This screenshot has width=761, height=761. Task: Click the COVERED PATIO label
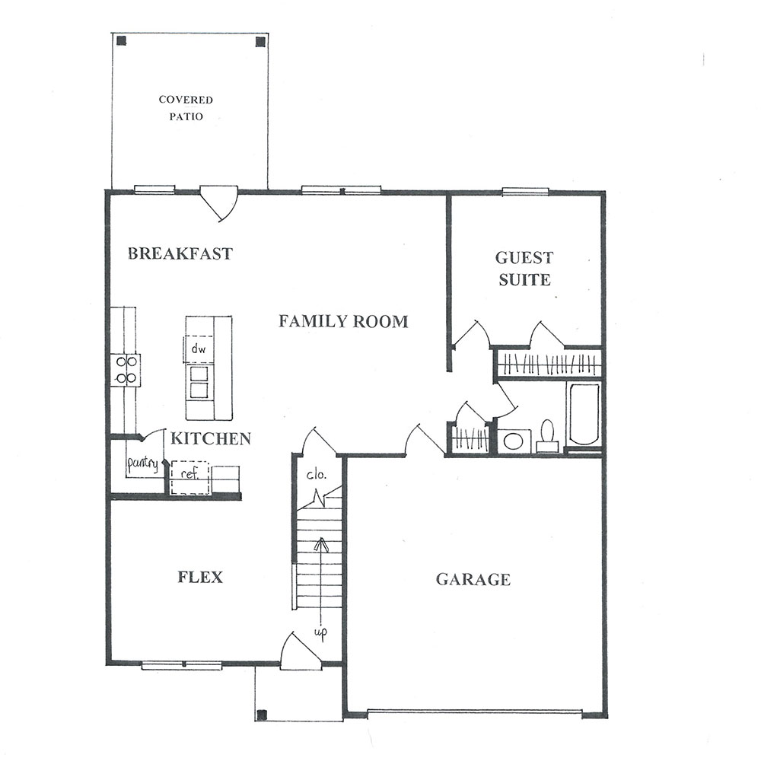click(x=186, y=108)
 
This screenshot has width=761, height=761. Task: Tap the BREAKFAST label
click(x=180, y=253)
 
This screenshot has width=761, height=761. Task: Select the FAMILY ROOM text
click(x=343, y=321)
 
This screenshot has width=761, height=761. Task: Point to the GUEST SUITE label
click(x=524, y=269)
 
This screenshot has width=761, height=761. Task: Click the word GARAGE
click(x=473, y=579)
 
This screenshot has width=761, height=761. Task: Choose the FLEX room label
click(x=200, y=577)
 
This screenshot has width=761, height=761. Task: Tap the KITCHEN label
click(x=211, y=439)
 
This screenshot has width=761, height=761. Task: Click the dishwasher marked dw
click(x=199, y=349)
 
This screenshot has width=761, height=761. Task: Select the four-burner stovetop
click(x=126, y=370)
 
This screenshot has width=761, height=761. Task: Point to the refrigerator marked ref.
click(x=189, y=478)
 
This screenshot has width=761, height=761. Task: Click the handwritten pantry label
click(x=142, y=464)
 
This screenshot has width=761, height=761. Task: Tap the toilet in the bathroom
click(x=548, y=436)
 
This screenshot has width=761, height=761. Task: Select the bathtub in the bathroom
click(x=584, y=413)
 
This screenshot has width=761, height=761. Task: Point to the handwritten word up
click(x=320, y=633)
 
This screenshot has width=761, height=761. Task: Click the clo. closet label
click(x=316, y=474)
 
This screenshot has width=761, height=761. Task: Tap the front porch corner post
click(x=262, y=715)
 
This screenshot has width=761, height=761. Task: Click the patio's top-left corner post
click(x=122, y=41)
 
